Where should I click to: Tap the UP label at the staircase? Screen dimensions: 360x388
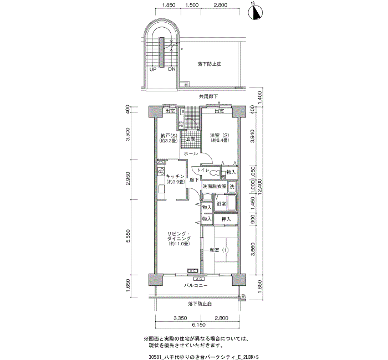click(x=152, y=69)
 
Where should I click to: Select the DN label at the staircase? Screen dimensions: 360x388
click(x=172, y=69)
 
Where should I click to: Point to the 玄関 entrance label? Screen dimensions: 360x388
click(x=191, y=138)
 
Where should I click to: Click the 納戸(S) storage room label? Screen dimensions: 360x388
click(x=166, y=138)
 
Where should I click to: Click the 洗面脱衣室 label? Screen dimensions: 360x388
click(x=214, y=188)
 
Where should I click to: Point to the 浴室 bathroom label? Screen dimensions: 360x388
click(x=221, y=204)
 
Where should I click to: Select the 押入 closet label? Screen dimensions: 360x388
click(x=226, y=220)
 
